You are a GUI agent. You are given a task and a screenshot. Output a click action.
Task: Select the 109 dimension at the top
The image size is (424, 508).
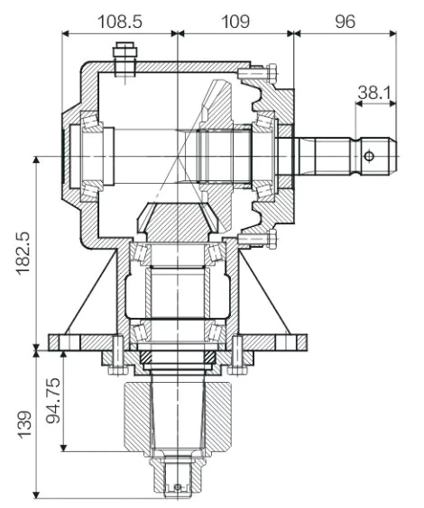tap(235, 20)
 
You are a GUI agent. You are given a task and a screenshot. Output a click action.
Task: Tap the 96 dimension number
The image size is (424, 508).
tap(345, 20)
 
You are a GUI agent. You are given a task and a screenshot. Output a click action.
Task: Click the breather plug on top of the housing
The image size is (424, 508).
tap(125, 59)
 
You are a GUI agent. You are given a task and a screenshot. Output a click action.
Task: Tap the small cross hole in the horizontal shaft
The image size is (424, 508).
tap(367, 156)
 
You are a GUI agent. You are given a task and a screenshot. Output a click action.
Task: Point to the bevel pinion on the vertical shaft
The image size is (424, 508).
tap(179, 221)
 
